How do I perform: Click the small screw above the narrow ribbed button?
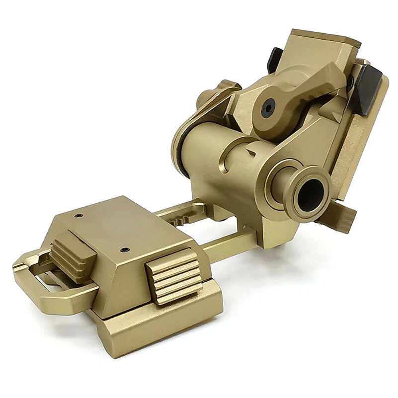[x=79, y=216]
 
